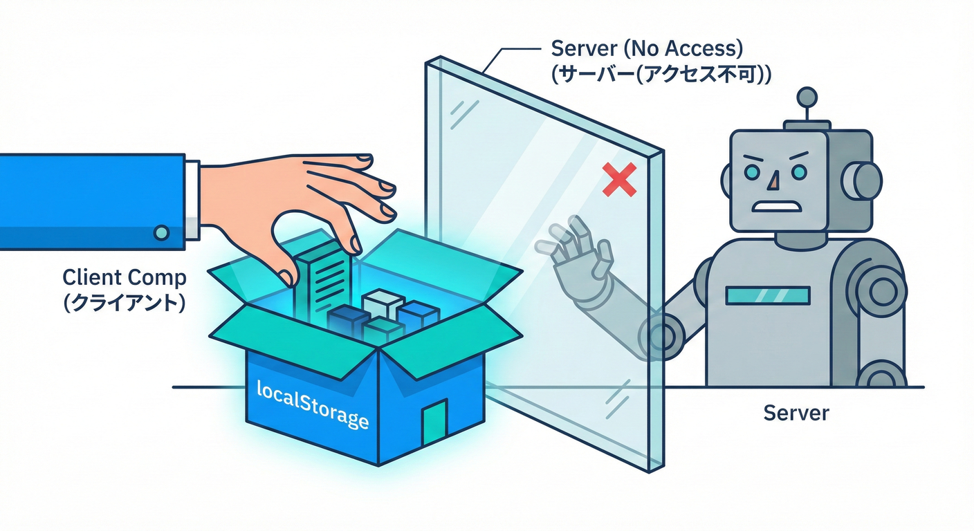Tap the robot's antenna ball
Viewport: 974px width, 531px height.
[807, 95]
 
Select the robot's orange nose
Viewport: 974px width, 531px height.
[774, 180]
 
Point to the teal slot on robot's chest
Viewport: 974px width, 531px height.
[768, 296]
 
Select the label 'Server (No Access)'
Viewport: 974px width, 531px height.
[647, 49]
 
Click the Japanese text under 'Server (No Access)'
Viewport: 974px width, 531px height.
[661, 73]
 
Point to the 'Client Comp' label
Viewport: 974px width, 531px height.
[125, 279]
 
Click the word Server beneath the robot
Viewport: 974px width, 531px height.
[796, 413]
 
